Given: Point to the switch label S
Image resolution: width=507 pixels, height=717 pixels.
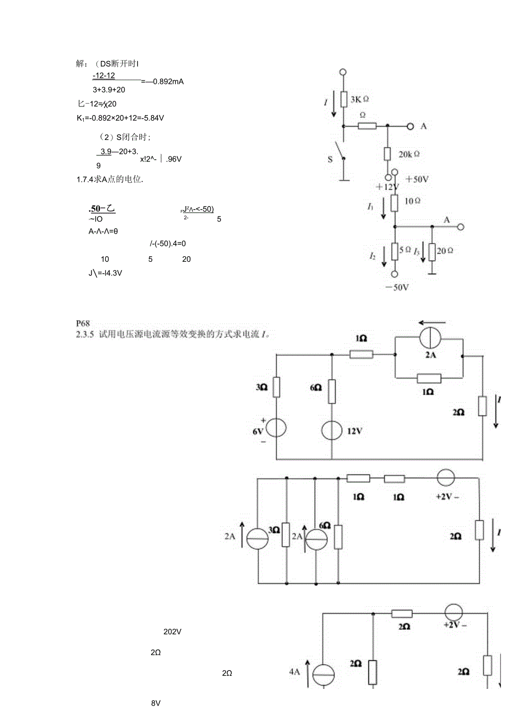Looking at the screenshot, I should click(330, 159).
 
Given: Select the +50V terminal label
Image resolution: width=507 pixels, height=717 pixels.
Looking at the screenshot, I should click(417, 179).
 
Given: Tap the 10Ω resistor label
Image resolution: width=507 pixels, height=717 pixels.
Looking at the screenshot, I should click(413, 201).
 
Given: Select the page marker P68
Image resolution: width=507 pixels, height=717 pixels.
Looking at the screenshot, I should click(83, 324).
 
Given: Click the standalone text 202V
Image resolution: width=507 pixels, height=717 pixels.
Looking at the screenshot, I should click(172, 632).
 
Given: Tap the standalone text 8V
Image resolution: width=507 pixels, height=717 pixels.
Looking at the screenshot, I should click(155, 703).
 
